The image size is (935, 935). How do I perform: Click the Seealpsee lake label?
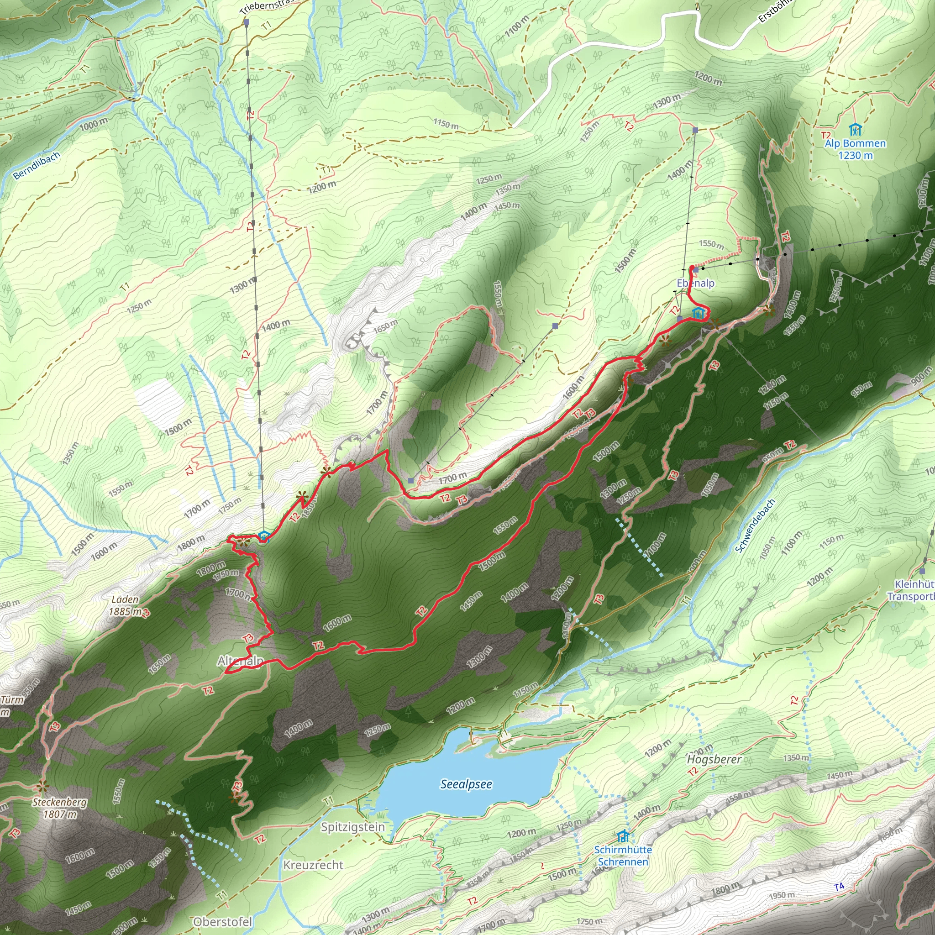tap(466, 784)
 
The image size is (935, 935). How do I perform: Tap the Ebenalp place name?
tap(695, 283)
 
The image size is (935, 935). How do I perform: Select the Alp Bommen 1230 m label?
tap(855, 149)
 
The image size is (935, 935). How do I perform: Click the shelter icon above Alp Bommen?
tap(855, 130)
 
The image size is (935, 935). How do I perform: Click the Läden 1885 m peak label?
tap(125, 605)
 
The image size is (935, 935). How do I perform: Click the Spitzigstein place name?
tap(353, 827)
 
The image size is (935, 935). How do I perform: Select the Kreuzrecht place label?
tap(313, 865)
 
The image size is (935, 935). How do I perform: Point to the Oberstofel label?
tap(223, 921)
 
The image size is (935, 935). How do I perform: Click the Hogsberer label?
tap(714, 759)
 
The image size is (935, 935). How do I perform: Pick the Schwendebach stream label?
tap(755, 525)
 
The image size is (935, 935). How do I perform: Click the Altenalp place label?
tap(241, 661)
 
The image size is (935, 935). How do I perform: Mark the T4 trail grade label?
tap(839, 886)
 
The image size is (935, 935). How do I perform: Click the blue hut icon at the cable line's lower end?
tap(263, 536)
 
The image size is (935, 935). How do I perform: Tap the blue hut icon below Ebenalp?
tap(698, 314)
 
